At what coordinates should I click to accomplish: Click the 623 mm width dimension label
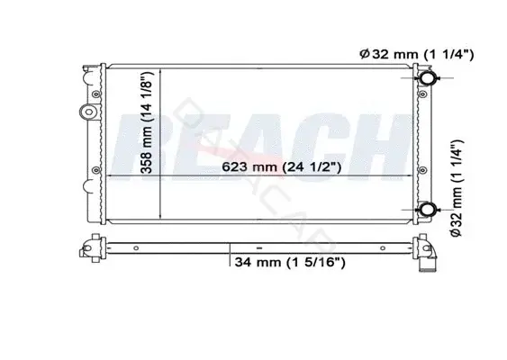[x=281, y=167]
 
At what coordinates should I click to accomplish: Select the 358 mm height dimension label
[x=146, y=122]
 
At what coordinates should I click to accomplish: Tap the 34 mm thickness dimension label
[x=290, y=262]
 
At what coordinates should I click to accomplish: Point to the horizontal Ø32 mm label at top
[x=416, y=54]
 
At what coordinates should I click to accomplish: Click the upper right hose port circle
[x=427, y=78]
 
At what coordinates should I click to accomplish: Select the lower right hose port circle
[x=428, y=210]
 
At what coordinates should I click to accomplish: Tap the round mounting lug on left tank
[x=88, y=112]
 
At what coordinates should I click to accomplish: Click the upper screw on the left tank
[x=95, y=94]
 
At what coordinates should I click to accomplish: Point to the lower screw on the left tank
[x=95, y=170]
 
